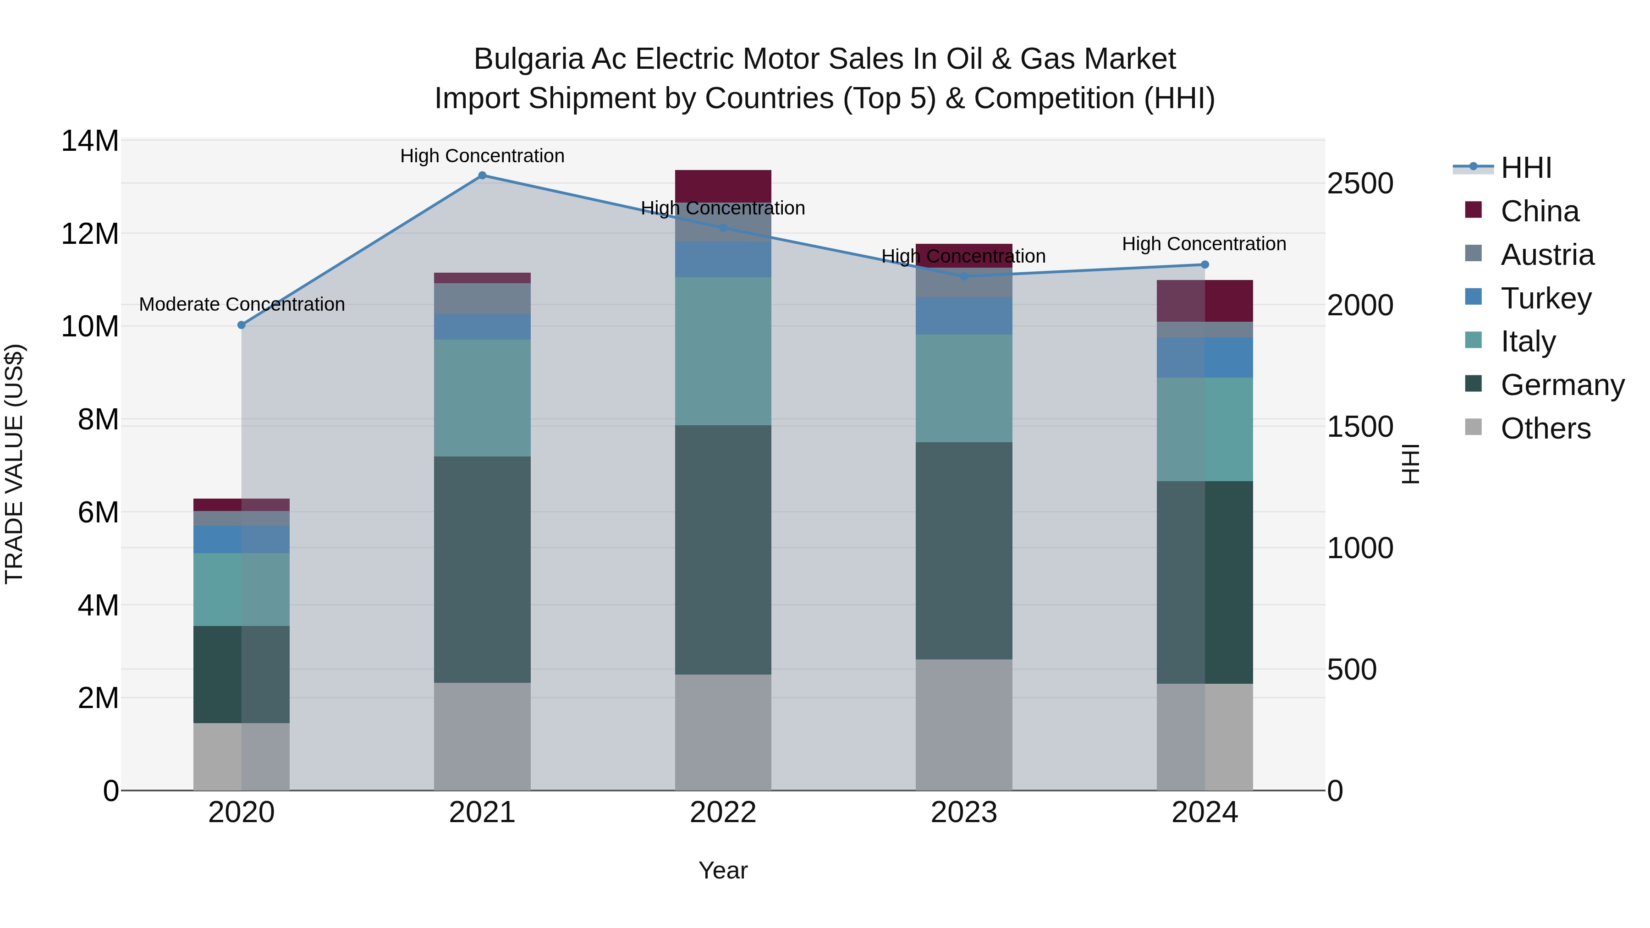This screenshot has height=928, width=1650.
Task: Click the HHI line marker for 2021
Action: tap(482, 175)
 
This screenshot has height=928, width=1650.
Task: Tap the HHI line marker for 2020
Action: tap(242, 325)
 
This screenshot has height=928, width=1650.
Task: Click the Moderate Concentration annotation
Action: tap(242, 304)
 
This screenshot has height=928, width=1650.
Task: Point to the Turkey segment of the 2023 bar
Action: tap(963, 315)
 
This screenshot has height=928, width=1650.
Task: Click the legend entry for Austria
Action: tap(1546, 255)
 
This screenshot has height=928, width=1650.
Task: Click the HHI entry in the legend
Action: tap(1526, 168)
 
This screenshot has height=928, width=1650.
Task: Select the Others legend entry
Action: tap(1545, 428)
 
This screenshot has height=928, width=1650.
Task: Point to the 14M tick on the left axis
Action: tap(90, 141)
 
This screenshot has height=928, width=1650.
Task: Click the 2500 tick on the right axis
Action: tap(1359, 184)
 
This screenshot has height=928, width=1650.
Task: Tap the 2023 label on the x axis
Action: tap(963, 813)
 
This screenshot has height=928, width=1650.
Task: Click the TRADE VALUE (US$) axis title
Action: tap(14, 464)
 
